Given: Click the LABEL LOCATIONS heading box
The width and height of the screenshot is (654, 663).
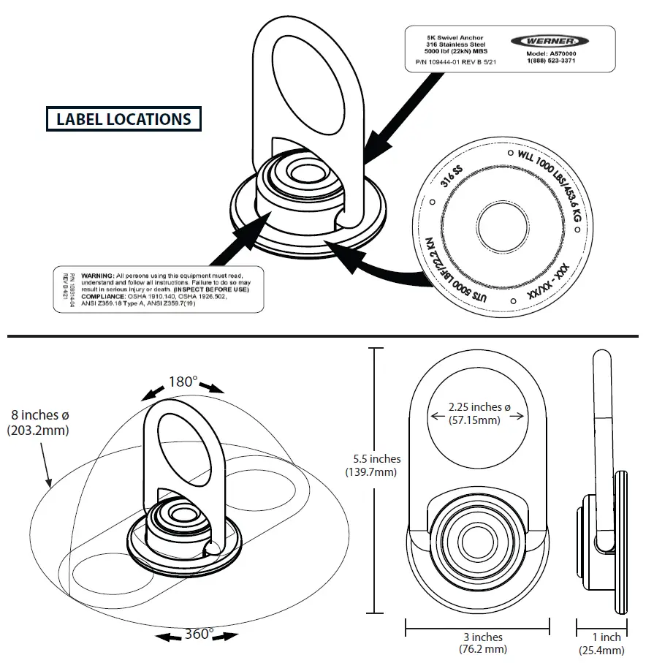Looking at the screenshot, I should tap(123, 119).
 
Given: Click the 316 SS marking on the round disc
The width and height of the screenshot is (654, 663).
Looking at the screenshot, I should tap(452, 177).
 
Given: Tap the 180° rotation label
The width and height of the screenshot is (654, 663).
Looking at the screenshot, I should tap(183, 382).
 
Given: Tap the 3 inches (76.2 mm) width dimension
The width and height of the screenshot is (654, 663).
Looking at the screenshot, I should tap(478, 643).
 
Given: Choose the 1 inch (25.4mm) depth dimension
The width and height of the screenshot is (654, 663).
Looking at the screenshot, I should tap(601, 643).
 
